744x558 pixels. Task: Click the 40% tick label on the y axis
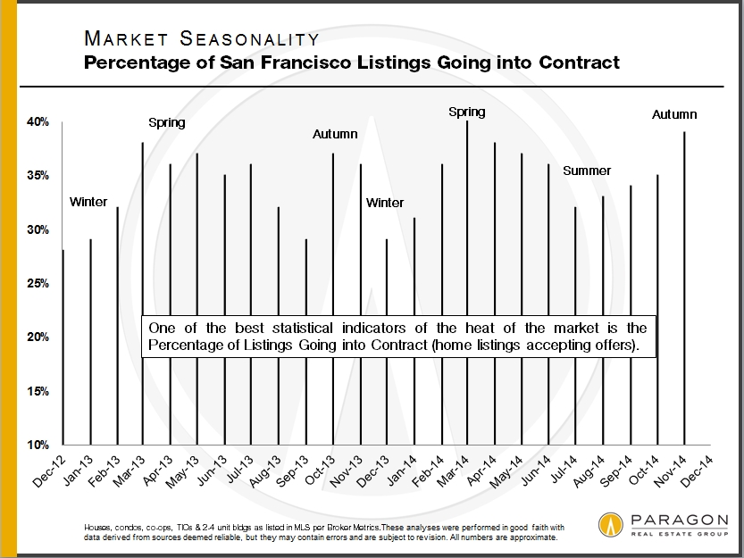37,121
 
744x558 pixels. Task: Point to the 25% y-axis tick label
37,283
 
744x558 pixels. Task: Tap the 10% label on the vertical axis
37,445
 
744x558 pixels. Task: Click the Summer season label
587,171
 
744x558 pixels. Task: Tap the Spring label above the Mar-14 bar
466,112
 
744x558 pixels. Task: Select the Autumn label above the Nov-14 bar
674,114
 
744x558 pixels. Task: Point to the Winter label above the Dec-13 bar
385,203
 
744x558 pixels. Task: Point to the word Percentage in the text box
189,346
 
